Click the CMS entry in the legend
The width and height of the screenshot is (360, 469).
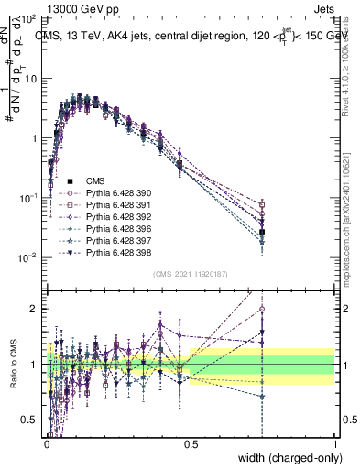[96, 181]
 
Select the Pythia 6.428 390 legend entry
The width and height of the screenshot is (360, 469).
[116, 193]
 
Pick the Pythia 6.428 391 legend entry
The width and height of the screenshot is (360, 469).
[116, 205]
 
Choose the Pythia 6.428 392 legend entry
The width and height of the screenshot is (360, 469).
[116, 217]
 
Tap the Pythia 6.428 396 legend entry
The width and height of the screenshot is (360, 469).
[116, 229]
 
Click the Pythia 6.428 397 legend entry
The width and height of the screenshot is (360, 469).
[116, 240]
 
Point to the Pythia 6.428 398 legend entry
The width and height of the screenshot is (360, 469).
[116, 252]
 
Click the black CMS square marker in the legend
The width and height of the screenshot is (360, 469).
[70, 181]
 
